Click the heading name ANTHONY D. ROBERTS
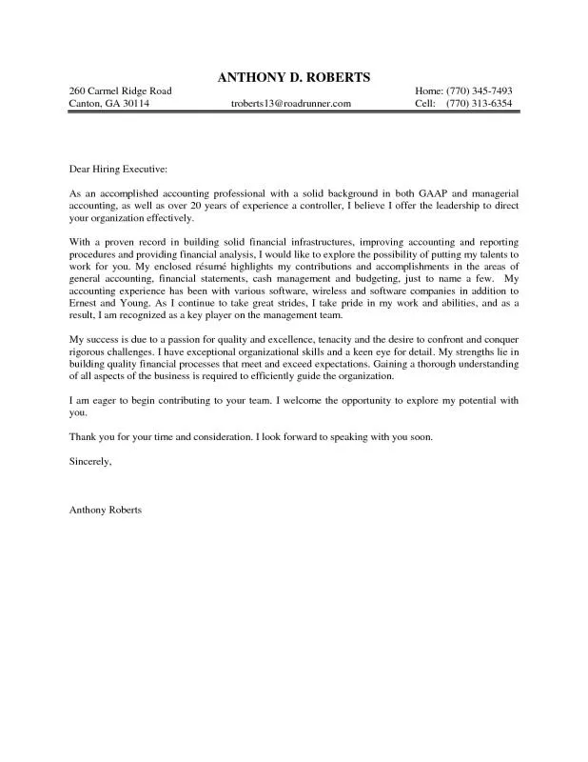click(x=293, y=75)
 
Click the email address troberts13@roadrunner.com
click(x=291, y=103)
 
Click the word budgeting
click(x=372, y=281)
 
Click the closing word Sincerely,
click(x=91, y=461)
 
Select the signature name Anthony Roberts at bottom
click(x=106, y=511)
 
